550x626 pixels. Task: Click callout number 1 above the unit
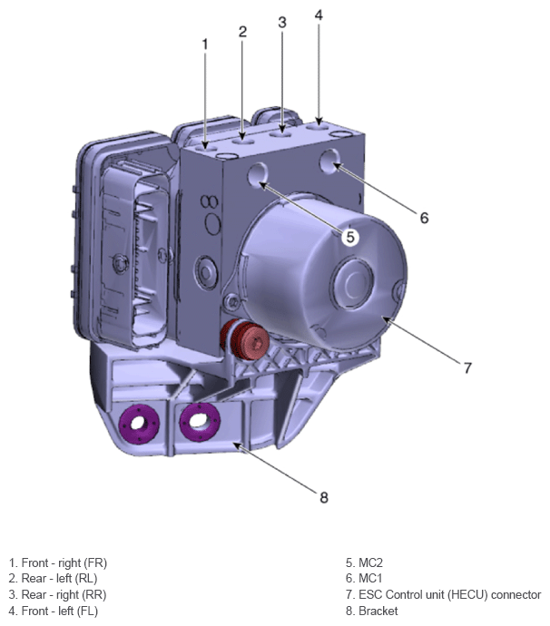pos(205,44)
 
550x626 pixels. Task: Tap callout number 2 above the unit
pos(242,32)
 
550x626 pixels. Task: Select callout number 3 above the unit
pos(282,23)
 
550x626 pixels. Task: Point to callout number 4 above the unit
pos(319,15)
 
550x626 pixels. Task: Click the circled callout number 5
pos(350,237)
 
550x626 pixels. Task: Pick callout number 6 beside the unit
pos(424,218)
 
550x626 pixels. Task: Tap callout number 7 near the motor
pos(467,367)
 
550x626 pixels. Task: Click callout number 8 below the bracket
pos(324,497)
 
